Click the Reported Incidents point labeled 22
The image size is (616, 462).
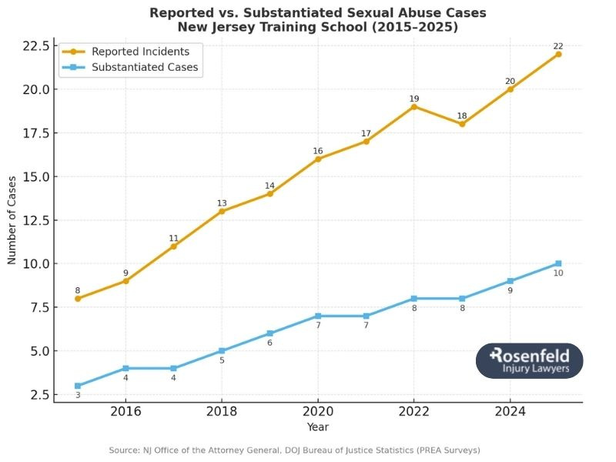point(558,54)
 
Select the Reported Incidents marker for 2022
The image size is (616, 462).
point(414,106)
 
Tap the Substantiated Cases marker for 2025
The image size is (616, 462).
point(558,263)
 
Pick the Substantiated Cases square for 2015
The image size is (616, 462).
point(78,386)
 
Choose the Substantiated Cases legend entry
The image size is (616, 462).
point(144,67)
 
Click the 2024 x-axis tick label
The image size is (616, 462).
point(511,411)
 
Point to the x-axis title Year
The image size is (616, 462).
point(318,426)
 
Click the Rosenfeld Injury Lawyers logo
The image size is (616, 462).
point(529,360)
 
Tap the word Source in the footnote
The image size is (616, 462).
point(123,450)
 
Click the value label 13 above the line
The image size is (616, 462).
point(222,203)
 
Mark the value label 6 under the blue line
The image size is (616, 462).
point(269,343)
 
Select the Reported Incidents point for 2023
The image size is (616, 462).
point(462,124)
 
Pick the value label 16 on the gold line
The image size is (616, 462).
point(318,151)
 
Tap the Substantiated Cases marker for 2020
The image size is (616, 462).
point(318,316)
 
